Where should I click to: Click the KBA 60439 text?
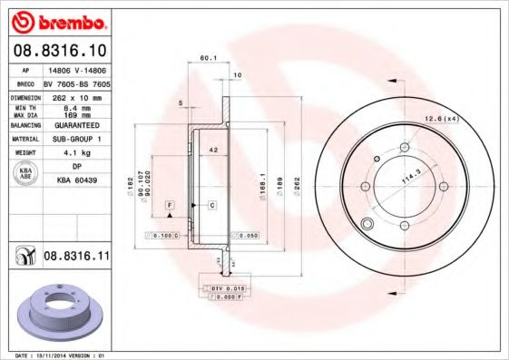77,180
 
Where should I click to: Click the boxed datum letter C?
211,206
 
